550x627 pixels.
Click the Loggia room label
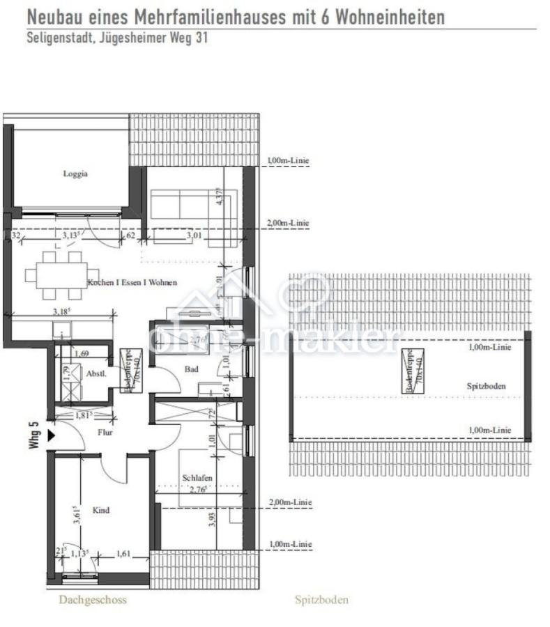75,174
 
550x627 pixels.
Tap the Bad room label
192,369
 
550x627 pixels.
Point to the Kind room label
101,511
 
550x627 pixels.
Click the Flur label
105,432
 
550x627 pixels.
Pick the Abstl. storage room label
96,373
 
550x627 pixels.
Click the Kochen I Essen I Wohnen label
132,283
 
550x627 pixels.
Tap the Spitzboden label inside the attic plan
486,386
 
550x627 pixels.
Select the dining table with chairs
61,274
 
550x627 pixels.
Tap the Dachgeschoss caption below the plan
93,599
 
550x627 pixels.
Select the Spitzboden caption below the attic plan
321,599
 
